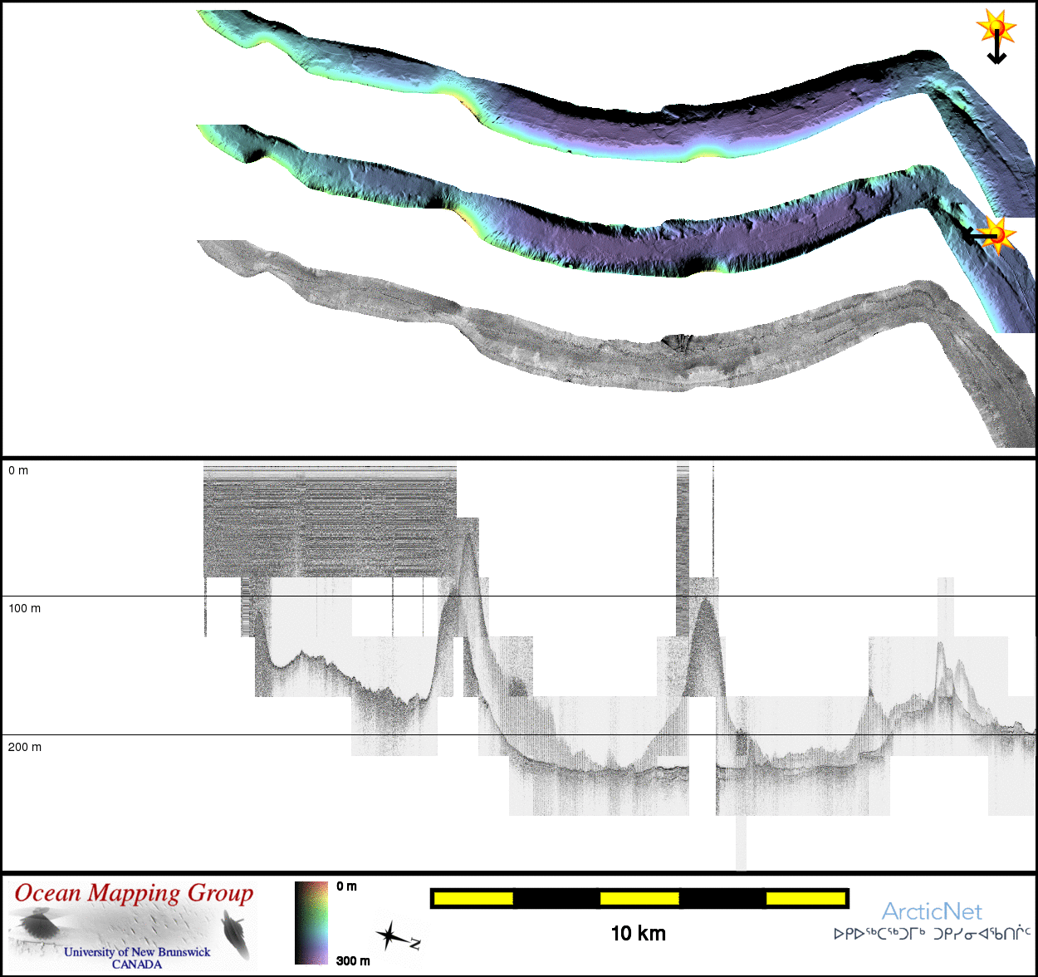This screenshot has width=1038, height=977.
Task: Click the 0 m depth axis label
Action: (18, 471)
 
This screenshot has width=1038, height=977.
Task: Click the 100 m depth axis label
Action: (25, 608)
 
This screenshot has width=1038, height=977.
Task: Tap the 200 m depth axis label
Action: (25, 747)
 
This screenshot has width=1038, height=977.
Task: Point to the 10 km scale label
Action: (639, 934)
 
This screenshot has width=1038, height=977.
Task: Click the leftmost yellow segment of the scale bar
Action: (473, 899)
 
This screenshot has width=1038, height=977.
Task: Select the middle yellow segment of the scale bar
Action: (639, 899)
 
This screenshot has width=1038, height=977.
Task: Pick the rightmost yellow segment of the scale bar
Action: (805, 899)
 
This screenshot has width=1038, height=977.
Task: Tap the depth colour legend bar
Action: (311, 923)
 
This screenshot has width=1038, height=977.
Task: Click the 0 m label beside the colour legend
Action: (346, 886)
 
